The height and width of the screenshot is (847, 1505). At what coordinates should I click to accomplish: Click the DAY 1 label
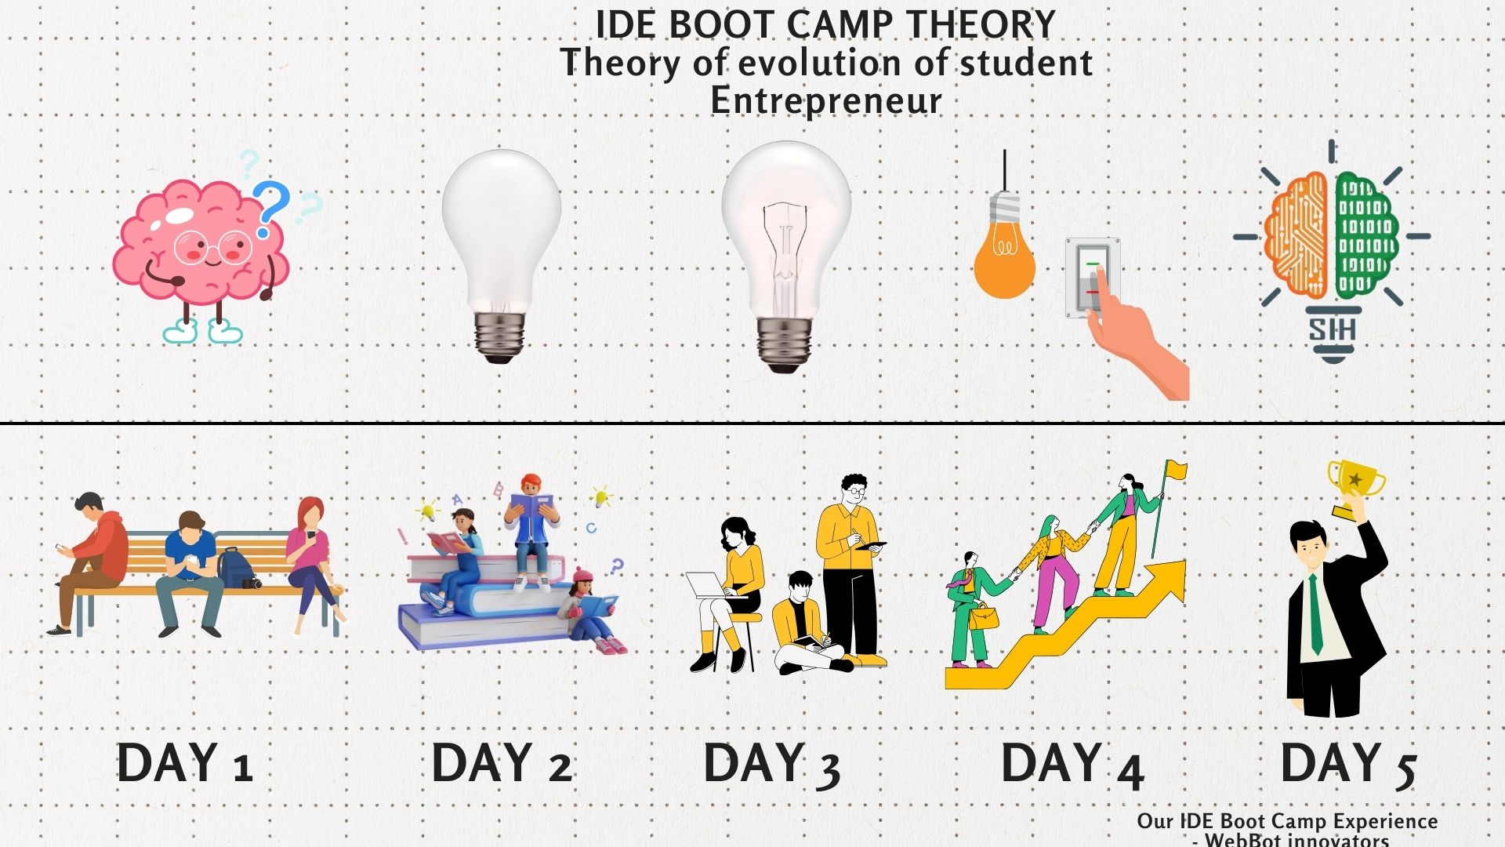(184, 762)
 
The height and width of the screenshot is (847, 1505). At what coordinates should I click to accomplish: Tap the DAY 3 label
(772, 764)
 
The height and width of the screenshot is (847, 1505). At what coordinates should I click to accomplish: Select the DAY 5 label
(1348, 764)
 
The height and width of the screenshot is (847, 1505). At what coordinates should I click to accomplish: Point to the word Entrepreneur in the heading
(826, 100)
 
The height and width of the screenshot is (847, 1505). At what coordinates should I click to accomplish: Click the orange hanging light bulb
(1003, 251)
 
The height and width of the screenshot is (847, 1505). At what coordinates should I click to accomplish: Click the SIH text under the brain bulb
(1332, 329)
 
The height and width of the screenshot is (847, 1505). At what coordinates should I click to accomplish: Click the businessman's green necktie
(1316, 614)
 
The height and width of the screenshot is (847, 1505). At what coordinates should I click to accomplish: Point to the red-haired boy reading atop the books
(532, 529)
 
